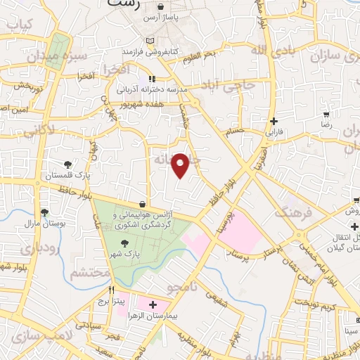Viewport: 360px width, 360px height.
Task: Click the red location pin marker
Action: pos(181,165)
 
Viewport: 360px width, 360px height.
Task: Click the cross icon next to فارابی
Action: pos(274,120)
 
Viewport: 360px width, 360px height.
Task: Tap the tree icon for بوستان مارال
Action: pos(46,212)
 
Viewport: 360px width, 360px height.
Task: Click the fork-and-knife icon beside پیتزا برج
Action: pos(110,289)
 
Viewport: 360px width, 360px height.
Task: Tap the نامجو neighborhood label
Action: pos(184,288)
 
